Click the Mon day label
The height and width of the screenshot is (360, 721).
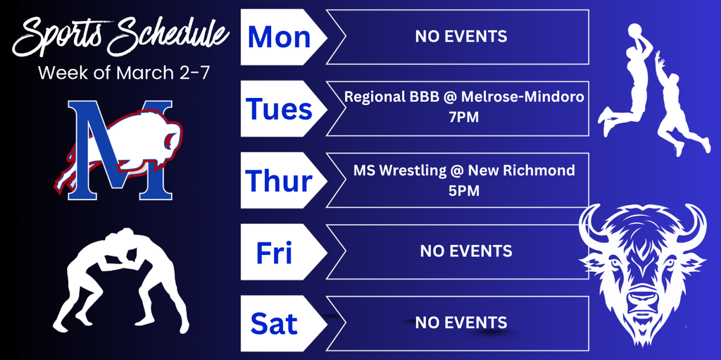click(279, 37)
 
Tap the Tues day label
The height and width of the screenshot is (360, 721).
click(279, 109)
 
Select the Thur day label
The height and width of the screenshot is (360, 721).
click(279, 181)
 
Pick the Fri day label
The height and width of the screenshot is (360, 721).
click(275, 252)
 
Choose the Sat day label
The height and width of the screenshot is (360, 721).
click(274, 324)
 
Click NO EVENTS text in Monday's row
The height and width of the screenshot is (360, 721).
click(460, 36)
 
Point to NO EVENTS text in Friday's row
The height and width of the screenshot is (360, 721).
click(466, 250)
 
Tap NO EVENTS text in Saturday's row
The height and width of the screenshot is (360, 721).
click(460, 323)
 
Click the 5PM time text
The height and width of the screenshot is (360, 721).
click(463, 190)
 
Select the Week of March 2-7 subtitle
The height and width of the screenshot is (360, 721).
click(123, 73)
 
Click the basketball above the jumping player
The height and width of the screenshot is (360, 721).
click(635, 30)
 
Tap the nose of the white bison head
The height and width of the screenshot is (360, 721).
click(642, 301)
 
